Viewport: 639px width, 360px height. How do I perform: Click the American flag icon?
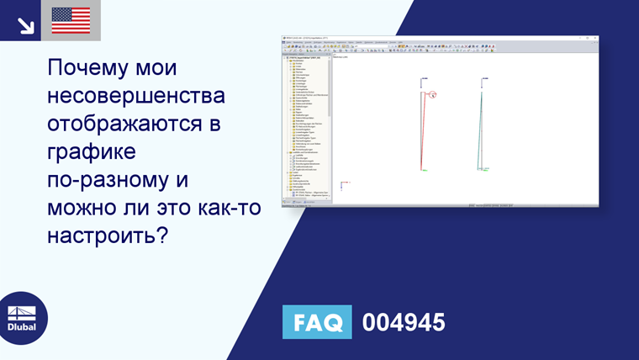(x=71, y=20)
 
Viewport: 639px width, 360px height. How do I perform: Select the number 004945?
(x=403, y=322)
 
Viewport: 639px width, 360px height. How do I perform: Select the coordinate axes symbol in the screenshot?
(x=344, y=186)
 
